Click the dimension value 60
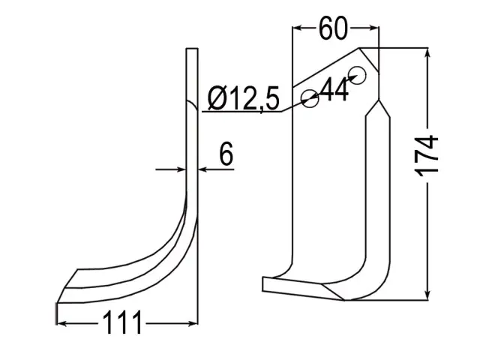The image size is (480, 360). pos(333,28)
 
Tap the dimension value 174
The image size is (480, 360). pos(427,156)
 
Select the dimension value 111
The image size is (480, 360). pos(122,322)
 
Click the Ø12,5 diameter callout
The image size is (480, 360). pos(244,98)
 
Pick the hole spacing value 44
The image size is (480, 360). pos(335,89)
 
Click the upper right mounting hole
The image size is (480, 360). pos(357,75)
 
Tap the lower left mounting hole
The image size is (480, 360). pos(310,98)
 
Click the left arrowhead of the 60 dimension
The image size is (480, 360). pos(298,28)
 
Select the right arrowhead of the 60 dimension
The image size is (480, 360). pos(374,28)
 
